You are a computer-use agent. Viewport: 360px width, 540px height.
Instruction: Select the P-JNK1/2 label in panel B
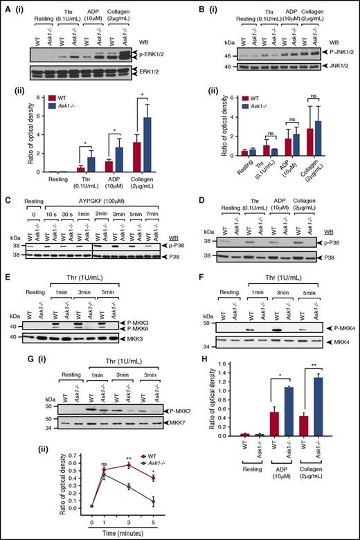331,53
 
